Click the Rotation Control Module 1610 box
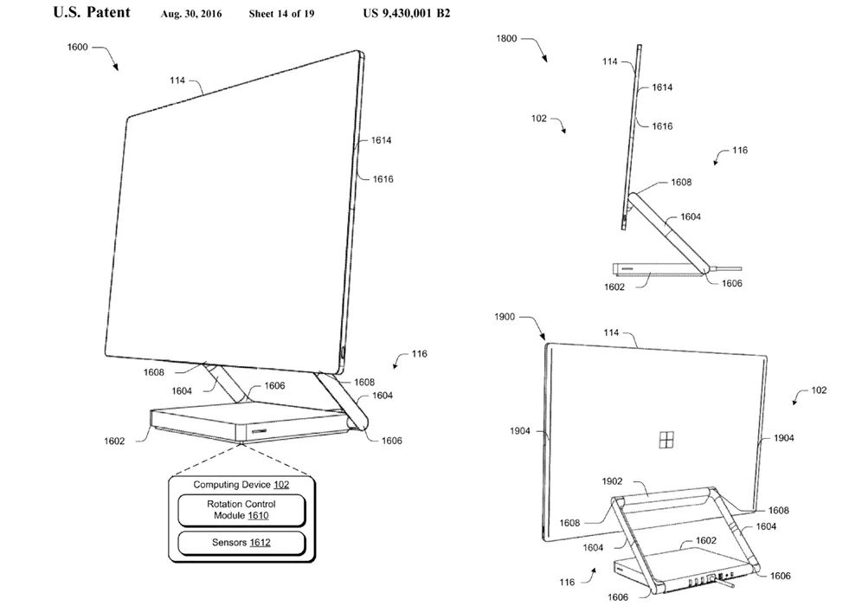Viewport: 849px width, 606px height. tap(241, 510)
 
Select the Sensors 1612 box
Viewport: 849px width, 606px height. tap(241, 543)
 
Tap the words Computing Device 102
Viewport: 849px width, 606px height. tap(241, 485)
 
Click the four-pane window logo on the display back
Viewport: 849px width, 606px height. tap(666, 441)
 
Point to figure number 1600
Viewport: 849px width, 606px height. tap(77, 47)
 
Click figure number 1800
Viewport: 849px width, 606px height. tap(506, 38)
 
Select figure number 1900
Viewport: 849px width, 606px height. tap(504, 317)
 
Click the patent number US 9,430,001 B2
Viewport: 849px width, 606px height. tap(406, 13)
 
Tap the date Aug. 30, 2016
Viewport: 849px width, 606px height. tap(191, 14)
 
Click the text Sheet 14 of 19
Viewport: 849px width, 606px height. tap(281, 14)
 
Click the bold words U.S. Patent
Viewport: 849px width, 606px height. tap(92, 12)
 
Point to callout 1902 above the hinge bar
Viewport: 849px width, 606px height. tap(612, 481)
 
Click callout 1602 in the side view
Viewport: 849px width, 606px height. tap(614, 287)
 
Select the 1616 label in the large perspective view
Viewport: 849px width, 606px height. tap(383, 179)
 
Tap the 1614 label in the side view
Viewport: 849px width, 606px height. tap(662, 87)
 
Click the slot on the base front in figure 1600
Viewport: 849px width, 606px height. tap(257, 431)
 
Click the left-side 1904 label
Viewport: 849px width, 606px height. tap(520, 431)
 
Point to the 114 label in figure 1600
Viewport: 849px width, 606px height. tap(177, 81)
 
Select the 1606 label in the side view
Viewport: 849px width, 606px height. tap(732, 283)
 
